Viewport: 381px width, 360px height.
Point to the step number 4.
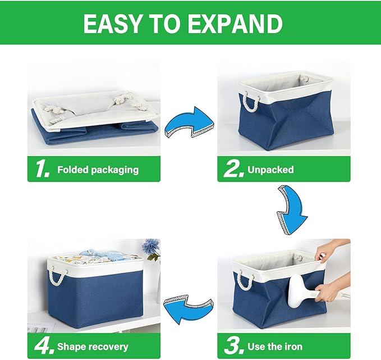pyautogui.click(x=42, y=347)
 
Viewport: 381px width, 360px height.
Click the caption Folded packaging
pyautogui.click(x=98, y=170)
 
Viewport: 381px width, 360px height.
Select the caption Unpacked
pyautogui.click(x=271, y=170)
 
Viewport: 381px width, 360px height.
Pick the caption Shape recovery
pyautogui.click(x=93, y=347)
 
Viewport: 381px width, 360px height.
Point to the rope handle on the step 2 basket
pyautogui.click(x=250, y=103)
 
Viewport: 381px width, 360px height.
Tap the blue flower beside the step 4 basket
pyautogui.click(x=150, y=249)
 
